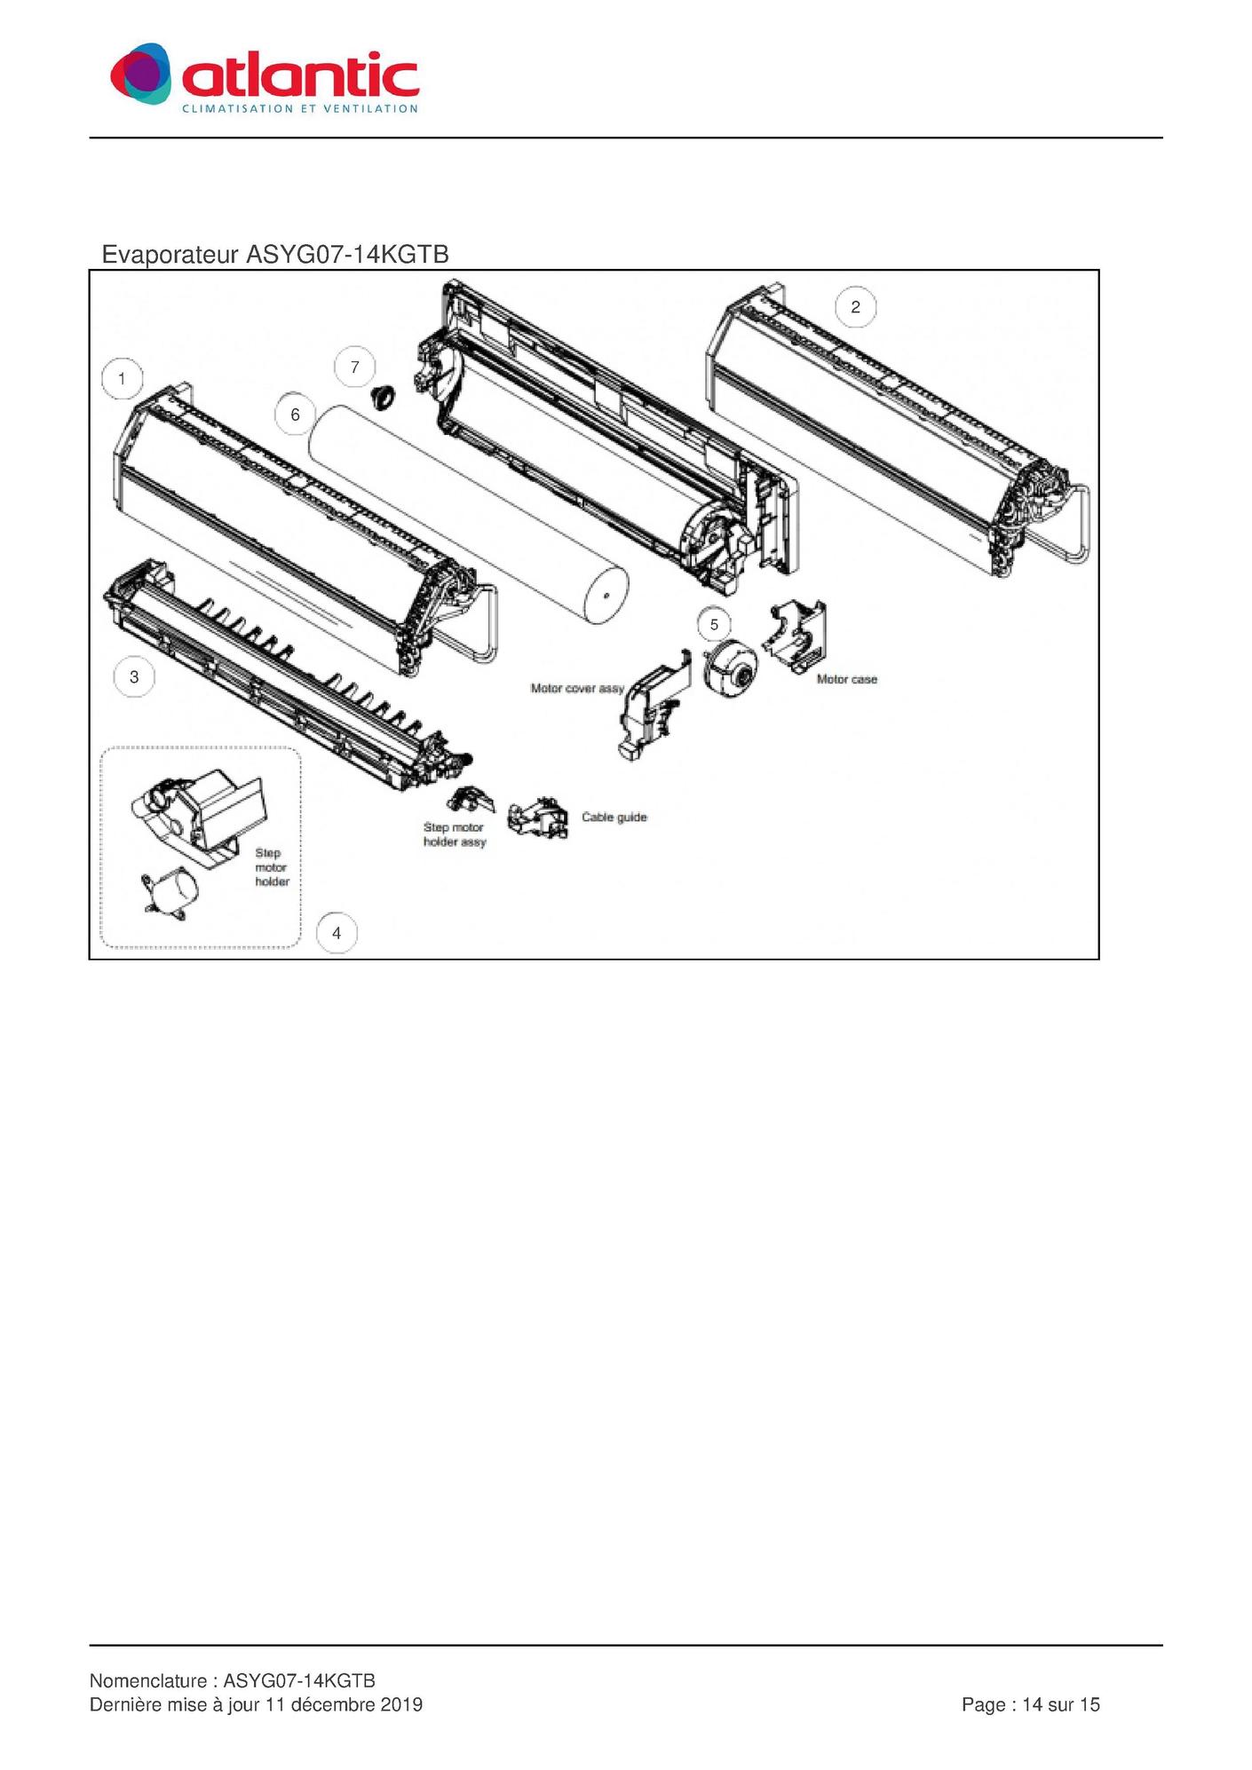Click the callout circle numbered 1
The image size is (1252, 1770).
122,379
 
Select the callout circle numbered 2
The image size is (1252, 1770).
855,307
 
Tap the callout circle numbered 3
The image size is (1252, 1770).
134,677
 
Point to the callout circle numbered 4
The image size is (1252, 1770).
337,933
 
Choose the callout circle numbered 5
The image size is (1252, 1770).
714,625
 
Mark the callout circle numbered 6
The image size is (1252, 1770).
296,415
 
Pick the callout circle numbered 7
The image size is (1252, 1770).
355,367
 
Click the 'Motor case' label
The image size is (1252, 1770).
846,679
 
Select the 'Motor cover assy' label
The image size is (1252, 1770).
577,688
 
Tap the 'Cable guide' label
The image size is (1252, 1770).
614,817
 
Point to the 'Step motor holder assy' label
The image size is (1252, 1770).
455,834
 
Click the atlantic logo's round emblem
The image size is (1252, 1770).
140,73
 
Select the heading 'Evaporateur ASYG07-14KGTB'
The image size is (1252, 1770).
275,255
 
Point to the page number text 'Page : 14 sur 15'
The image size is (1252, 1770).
1031,1704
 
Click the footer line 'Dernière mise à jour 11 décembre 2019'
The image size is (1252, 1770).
256,1704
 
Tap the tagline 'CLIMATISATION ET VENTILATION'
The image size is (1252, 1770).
300,108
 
